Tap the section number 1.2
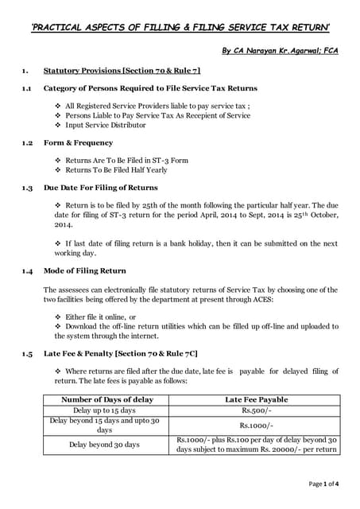tap(27, 143)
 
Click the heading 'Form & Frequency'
tap(79, 143)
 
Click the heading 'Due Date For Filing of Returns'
tap(100, 188)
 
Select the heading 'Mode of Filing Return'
tap(85, 271)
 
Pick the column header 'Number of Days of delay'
tap(107, 399)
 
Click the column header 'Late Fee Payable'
tap(257, 399)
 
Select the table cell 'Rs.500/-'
tap(257, 410)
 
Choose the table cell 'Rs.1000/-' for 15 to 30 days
tap(257, 425)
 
